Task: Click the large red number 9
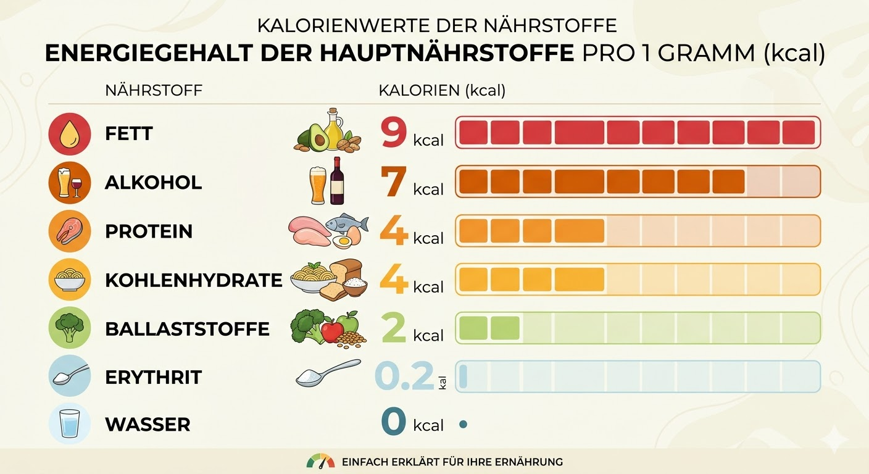[394, 133]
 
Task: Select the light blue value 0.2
[404, 376]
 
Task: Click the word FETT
[129, 133]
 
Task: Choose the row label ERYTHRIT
[153, 377]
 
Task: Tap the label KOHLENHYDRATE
[193, 280]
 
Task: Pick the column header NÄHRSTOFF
[154, 91]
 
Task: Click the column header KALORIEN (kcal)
[442, 91]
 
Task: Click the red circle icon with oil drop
[70, 134]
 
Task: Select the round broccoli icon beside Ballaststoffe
[70, 329]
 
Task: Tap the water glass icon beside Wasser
[70, 425]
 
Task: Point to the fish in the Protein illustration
[346, 223]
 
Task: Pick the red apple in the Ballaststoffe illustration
[332, 332]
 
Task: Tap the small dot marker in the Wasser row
[463, 424]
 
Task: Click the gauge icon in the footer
[320, 461]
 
